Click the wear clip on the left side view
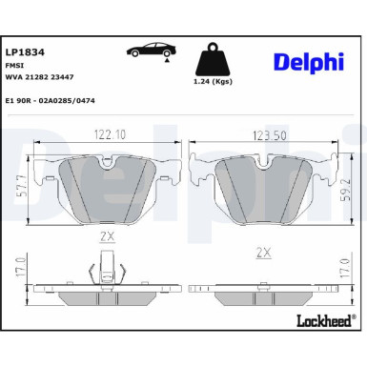click(106, 267)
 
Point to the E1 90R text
click(17, 99)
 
